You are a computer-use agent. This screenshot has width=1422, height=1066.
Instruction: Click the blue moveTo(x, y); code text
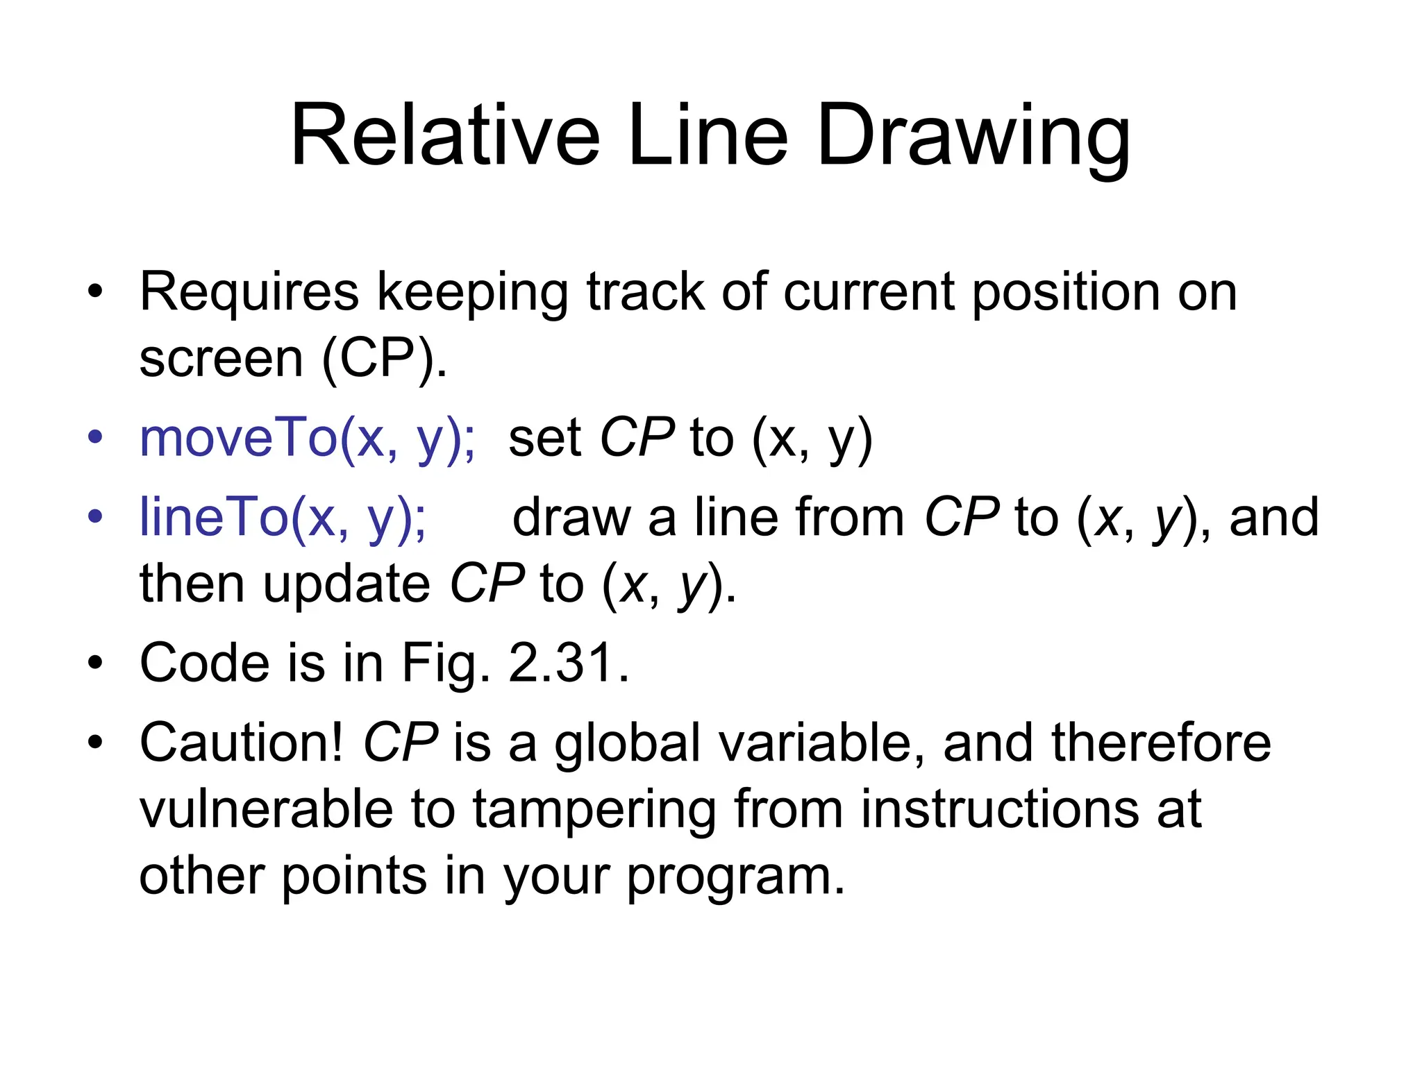pos(308,439)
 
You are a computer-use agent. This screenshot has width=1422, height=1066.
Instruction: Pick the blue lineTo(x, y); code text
pos(283,518)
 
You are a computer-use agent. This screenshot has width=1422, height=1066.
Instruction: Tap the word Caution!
pos(241,743)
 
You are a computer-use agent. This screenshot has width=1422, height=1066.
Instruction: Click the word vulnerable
pos(266,809)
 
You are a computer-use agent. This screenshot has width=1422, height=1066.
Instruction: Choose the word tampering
pos(594,809)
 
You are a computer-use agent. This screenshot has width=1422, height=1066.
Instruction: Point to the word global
pos(628,743)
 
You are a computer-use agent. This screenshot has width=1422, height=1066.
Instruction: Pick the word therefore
pos(1161,743)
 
